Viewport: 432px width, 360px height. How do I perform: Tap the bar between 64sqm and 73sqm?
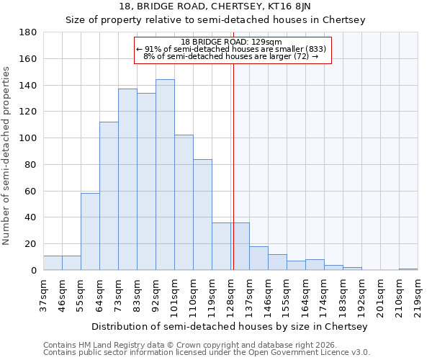tap(109, 196)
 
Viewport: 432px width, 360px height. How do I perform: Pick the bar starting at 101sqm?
tap(184, 202)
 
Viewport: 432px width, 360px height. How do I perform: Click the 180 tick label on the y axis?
tap(28, 32)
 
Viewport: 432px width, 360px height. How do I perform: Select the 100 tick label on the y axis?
tap(28, 138)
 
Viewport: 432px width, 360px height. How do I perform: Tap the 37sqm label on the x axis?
tap(43, 294)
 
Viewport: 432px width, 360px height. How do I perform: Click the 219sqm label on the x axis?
tap(418, 294)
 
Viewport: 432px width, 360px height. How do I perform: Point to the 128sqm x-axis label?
tap(230, 294)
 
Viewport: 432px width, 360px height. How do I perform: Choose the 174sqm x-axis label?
tap(324, 294)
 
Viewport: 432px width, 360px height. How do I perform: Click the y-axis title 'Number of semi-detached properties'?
tap(7, 156)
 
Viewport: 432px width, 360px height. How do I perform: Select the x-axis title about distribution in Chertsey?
tap(230, 326)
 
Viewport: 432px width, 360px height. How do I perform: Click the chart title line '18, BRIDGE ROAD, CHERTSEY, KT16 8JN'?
tap(216, 6)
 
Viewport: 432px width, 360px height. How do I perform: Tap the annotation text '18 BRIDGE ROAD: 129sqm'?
tap(232, 42)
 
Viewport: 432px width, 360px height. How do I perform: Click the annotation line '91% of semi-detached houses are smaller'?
tap(232, 49)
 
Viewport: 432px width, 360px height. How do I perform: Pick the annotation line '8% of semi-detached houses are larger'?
tap(232, 56)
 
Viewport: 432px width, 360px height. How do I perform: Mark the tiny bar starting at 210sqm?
tap(408, 269)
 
